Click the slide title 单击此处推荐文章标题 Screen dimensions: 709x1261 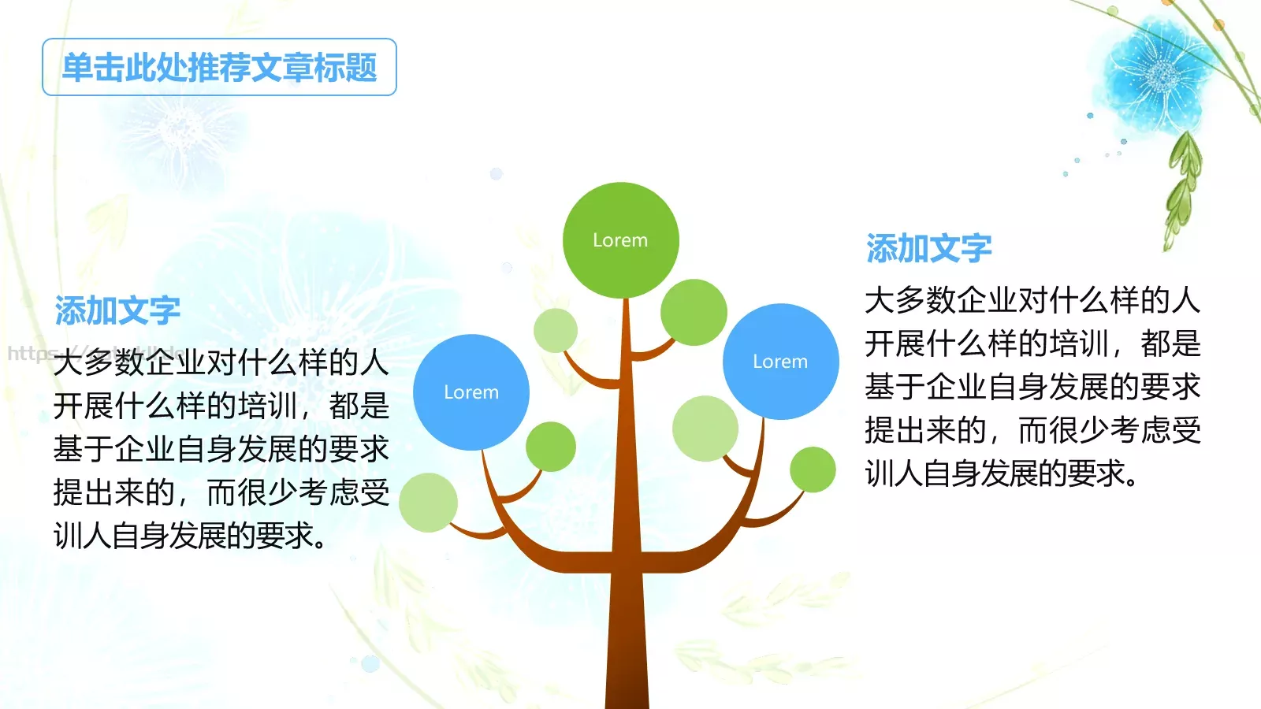coord(219,68)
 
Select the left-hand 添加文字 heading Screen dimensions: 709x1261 coord(117,311)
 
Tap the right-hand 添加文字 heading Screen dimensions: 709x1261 coord(928,249)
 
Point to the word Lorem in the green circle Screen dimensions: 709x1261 coord(620,240)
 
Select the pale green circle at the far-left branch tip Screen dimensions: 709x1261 coord(428,503)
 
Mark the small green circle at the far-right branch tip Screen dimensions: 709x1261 coord(813,470)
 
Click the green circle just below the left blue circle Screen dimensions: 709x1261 coord(550,447)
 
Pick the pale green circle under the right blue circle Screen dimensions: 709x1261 coord(705,429)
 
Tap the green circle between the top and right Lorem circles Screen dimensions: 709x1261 coord(694,313)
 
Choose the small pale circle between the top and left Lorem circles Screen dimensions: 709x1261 coord(556,330)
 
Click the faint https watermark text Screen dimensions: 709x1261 coord(32,353)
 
